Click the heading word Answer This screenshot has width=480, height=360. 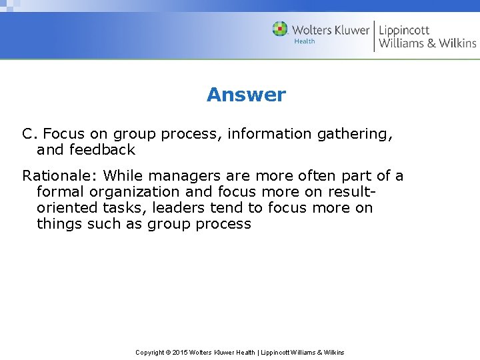tap(246, 95)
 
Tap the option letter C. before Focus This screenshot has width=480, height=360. tap(29, 134)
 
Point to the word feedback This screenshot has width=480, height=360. tap(102, 150)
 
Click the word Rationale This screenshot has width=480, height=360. tap(59, 176)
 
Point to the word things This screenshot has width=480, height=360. tap(59, 224)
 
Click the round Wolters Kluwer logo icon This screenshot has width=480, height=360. tap(280, 29)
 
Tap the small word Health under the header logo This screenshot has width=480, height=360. tap(304, 41)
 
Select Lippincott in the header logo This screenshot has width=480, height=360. tap(404, 30)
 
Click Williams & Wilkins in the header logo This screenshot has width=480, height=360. tap(427, 43)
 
